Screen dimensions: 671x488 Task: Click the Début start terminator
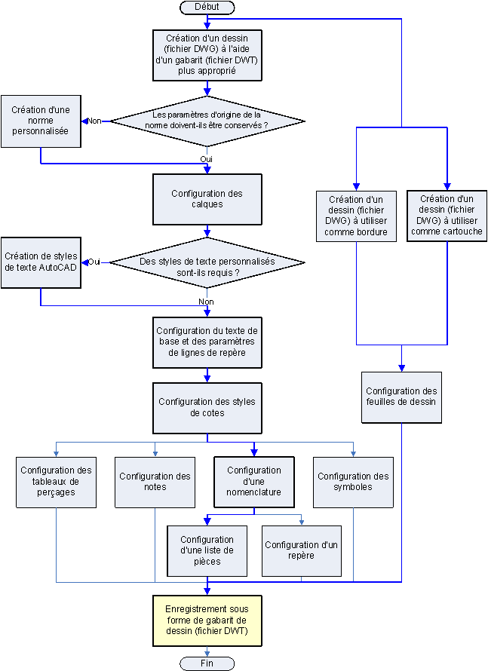tap(207, 7)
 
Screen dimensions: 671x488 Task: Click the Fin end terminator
tap(207, 663)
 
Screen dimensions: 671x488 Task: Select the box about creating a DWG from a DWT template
tap(207, 54)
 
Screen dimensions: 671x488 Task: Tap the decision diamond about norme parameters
tap(207, 121)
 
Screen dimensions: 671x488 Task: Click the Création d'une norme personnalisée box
tap(41, 121)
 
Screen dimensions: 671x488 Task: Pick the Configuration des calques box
tap(207, 199)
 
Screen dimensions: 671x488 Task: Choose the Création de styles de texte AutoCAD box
tap(41, 262)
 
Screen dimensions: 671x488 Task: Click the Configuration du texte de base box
tap(207, 342)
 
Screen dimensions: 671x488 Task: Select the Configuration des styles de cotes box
tap(207, 407)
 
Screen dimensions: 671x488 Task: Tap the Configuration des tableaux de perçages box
tap(57, 481)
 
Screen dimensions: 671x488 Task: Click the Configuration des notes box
tap(155, 481)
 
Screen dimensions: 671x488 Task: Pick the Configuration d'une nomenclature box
tap(254, 481)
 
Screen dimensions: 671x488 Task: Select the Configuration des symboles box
tap(353, 481)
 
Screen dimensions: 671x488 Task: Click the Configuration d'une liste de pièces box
tap(207, 550)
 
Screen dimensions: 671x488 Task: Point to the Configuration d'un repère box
tap(302, 550)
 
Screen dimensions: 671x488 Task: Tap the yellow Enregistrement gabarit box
tap(207, 619)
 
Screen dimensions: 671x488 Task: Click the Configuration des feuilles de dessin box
tap(401, 397)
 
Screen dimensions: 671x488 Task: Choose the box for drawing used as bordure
tap(357, 216)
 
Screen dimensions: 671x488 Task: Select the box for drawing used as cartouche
tap(447, 216)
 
